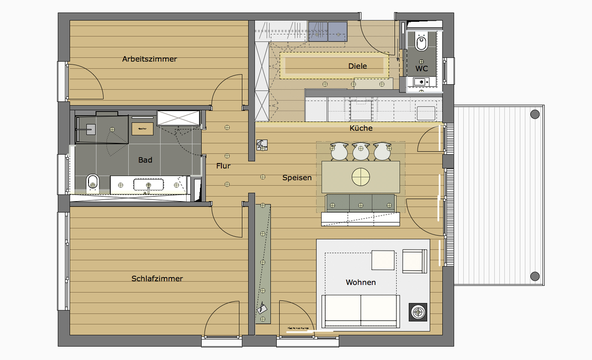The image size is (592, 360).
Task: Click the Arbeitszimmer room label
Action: coord(149,59)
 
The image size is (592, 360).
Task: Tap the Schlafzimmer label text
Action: coord(157,278)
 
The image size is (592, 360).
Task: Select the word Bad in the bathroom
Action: coord(145,160)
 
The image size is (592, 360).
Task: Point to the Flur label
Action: coord(223,166)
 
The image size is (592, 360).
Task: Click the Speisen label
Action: coord(297,178)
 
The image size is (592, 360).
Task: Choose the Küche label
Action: coord(361,128)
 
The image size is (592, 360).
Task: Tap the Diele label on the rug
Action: coord(357,66)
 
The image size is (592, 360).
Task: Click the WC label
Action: coord(421,69)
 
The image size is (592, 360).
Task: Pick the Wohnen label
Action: coord(361,282)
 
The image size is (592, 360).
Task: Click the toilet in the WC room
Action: coord(421,42)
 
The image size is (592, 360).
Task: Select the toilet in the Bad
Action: coord(92,183)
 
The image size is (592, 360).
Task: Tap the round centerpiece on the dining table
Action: coord(361,176)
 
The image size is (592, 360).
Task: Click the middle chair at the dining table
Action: coord(361,151)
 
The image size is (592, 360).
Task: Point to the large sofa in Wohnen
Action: coord(360,310)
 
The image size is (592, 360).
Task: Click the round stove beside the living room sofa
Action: coord(418,311)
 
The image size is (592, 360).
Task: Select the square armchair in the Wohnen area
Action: coord(415,261)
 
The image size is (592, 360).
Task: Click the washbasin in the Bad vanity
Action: coord(148,185)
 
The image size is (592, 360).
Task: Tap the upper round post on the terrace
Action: coord(534,114)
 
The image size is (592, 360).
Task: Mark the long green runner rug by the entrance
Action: coord(262,263)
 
